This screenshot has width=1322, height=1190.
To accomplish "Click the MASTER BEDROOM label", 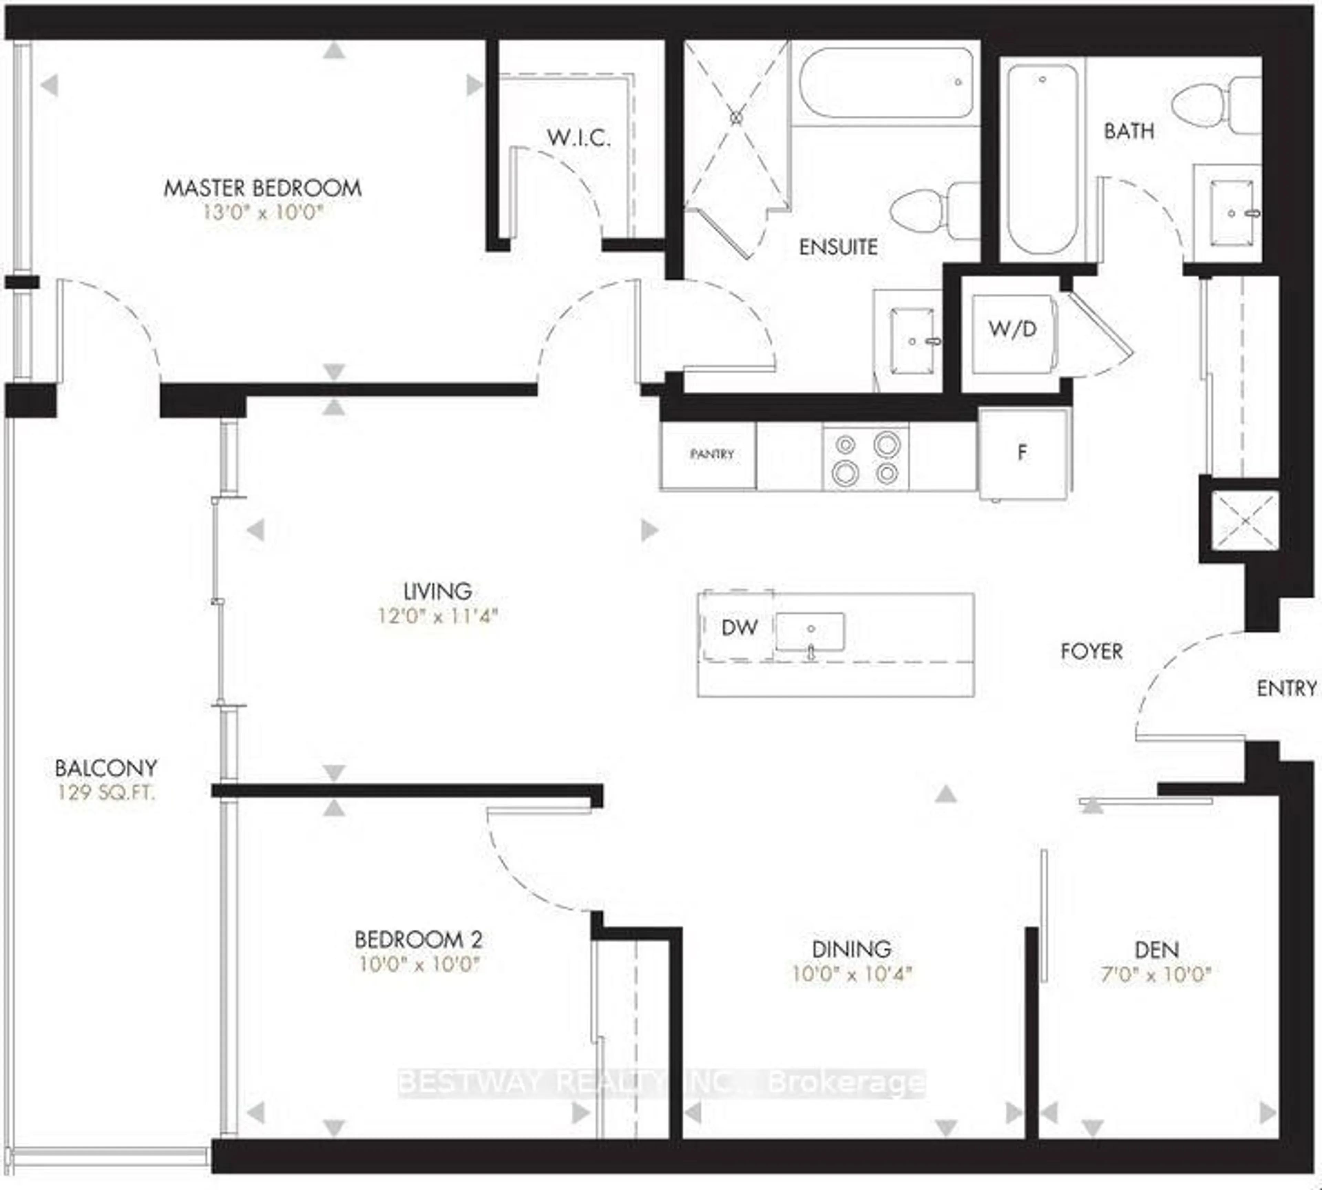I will [262, 188].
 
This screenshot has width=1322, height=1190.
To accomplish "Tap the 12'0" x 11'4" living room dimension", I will [437, 616].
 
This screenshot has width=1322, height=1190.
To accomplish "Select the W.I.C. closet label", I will [578, 138].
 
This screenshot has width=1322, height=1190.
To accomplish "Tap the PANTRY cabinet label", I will [711, 454].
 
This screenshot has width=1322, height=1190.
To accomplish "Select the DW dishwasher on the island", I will [738, 628].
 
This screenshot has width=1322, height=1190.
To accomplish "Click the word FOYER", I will [1091, 651].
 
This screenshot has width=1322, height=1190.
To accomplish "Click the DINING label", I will [851, 949].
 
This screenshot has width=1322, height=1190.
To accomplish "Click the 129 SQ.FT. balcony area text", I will [106, 793].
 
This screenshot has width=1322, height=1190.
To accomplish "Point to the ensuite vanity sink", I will [912, 341].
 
